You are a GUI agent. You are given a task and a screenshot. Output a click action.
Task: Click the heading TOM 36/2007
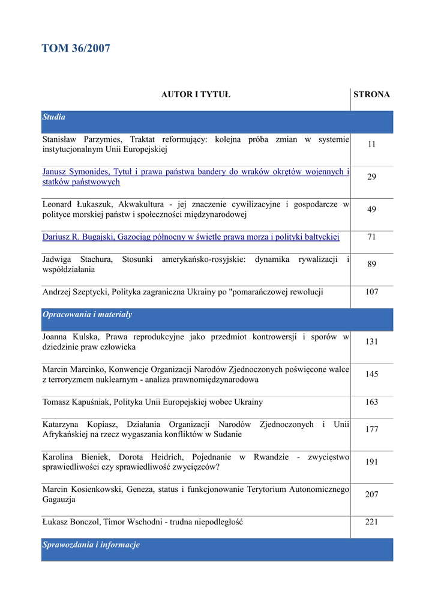[x=76, y=49]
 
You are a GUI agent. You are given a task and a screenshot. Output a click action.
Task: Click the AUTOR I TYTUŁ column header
[x=196, y=94]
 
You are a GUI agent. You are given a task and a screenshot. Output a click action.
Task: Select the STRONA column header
[x=371, y=94]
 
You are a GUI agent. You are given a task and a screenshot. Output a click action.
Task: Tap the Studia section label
[x=54, y=117]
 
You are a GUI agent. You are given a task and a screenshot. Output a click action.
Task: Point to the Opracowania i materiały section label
[x=87, y=314]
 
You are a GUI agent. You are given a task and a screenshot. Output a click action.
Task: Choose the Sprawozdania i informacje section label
[x=91, y=545]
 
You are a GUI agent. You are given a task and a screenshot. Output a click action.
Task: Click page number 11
[x=371, y=144]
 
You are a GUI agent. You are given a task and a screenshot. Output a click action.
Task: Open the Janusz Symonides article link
[x=195, y=177]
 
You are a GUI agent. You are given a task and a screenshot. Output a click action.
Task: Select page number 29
[x=371, y=177]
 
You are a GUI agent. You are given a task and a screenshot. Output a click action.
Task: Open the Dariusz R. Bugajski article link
[x=191, y=237]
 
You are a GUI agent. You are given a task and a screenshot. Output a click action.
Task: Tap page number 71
[x=371, y=237]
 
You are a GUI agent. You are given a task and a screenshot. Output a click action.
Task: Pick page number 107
[x=371, y=292]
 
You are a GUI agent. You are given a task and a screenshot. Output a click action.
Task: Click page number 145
[x=371, y=374]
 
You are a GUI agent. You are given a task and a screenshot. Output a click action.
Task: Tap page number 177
[x=371, y=429]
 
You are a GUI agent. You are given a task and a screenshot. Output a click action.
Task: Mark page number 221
[x=371, y=522]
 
